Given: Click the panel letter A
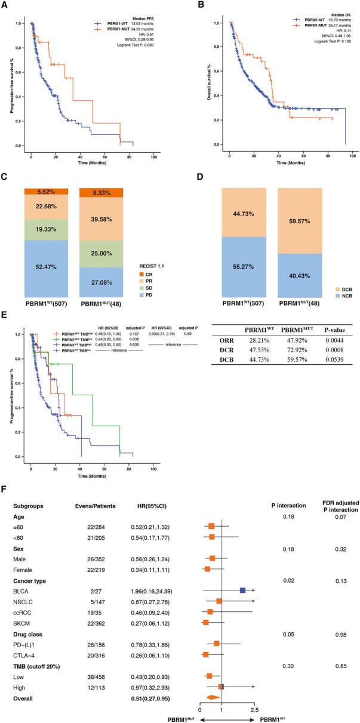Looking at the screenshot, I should point(5,6).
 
